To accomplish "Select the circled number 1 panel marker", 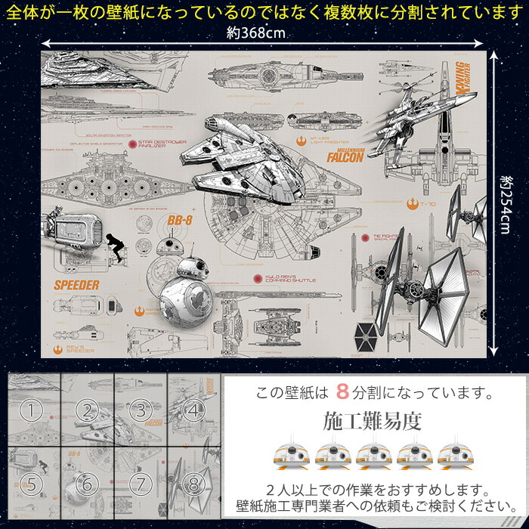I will tap(29, 411).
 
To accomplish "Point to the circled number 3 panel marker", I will tap(140, 411).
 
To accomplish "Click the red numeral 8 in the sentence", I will tap(342, 393).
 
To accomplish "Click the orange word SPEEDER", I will tap(76, 285).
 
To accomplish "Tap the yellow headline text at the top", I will tap(264, 12).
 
